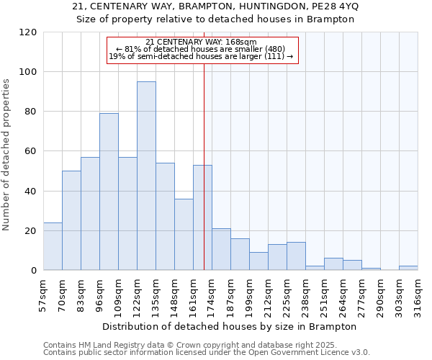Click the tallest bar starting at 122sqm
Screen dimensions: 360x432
(x=146, y=176)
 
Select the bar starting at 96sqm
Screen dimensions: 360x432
(x=109, y=192)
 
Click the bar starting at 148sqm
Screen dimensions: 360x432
(x=184, y=234)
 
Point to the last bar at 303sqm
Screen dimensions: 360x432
(x=408, y=268)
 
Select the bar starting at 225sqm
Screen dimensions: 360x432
(x=296, y=256)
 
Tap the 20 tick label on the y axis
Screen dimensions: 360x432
(x=31, y=231)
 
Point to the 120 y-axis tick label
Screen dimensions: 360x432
(x=28, y=32)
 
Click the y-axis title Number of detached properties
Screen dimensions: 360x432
(x=7, y=155)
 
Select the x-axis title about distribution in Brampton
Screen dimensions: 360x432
(x=230, y=326)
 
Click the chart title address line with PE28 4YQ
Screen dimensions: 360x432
(x=216, y=6)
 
